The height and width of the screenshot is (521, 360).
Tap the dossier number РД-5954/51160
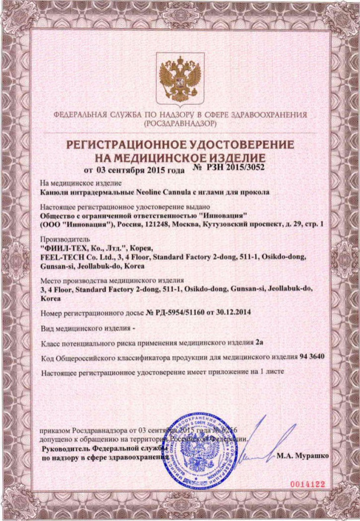[184, 313]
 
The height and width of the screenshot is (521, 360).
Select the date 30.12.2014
[230, 313]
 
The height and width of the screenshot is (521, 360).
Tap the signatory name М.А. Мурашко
[303, 457]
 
